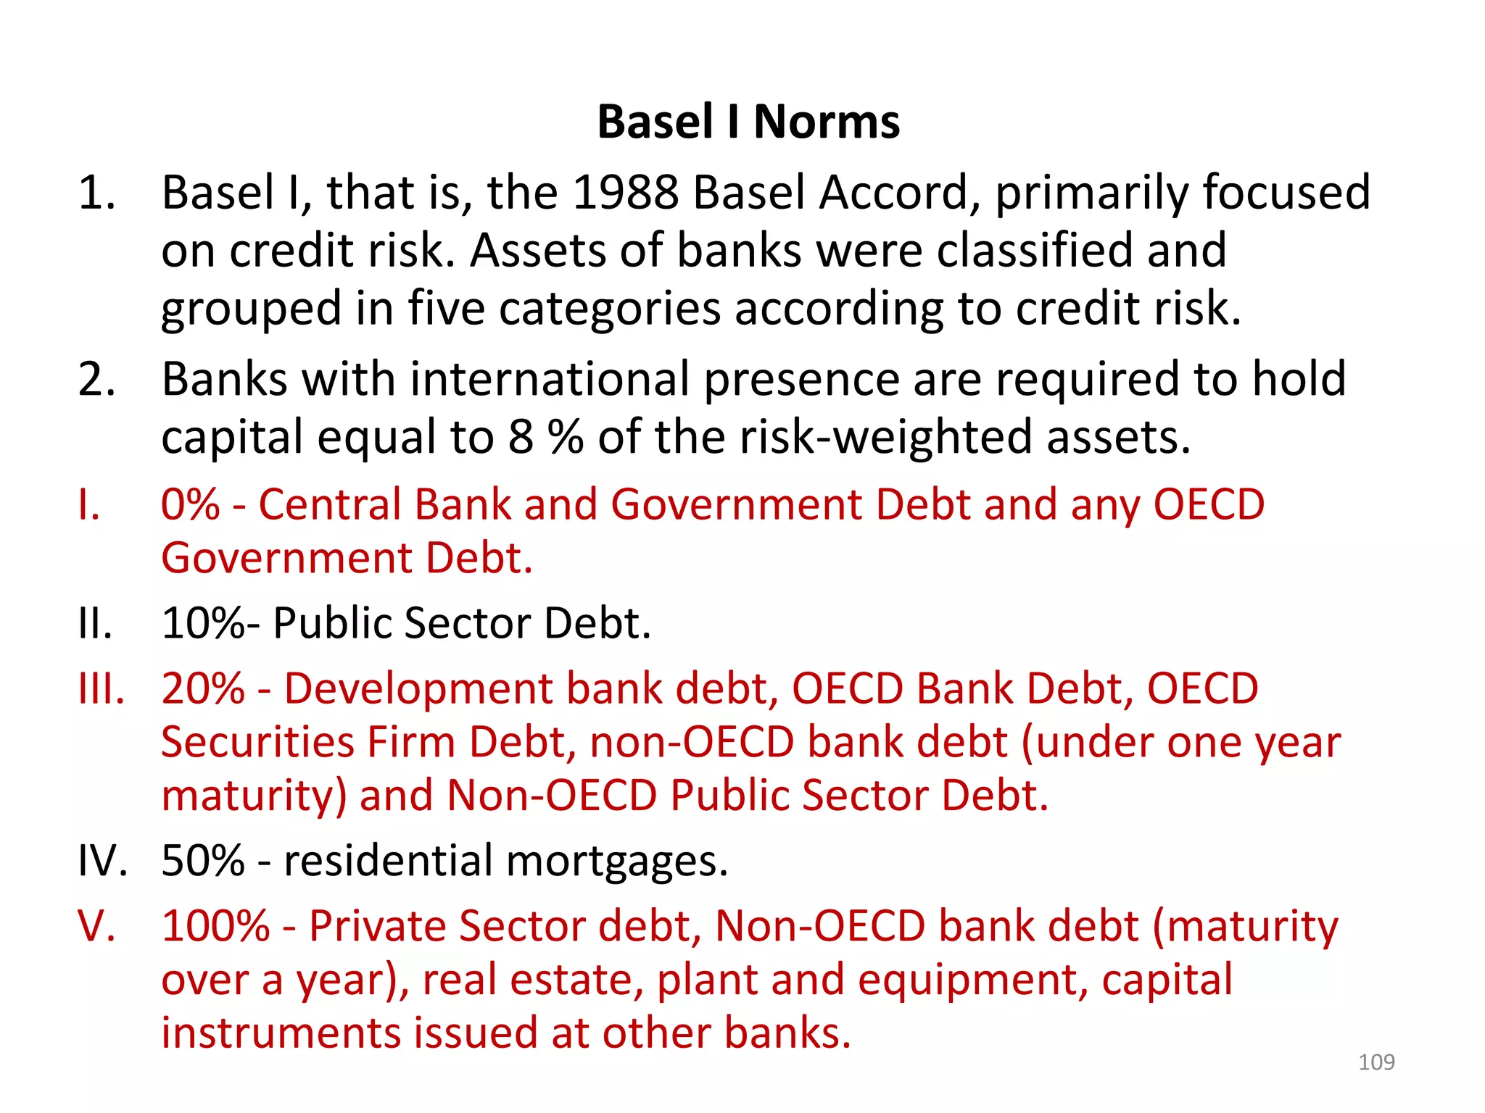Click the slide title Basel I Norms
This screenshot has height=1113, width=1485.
[748, 122]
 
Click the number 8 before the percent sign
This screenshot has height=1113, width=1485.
[521, 437]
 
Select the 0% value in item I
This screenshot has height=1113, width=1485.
[190, 504]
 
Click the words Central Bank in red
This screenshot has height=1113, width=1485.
[385, 504]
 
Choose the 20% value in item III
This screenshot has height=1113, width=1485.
[203, 688]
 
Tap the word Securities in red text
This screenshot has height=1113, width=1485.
[257, 743]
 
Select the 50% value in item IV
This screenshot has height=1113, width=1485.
[203, 861]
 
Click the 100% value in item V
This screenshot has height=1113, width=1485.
[215, 926]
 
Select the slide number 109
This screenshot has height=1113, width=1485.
[1376, 1062]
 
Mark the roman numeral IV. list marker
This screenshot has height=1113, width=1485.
[102, 861]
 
